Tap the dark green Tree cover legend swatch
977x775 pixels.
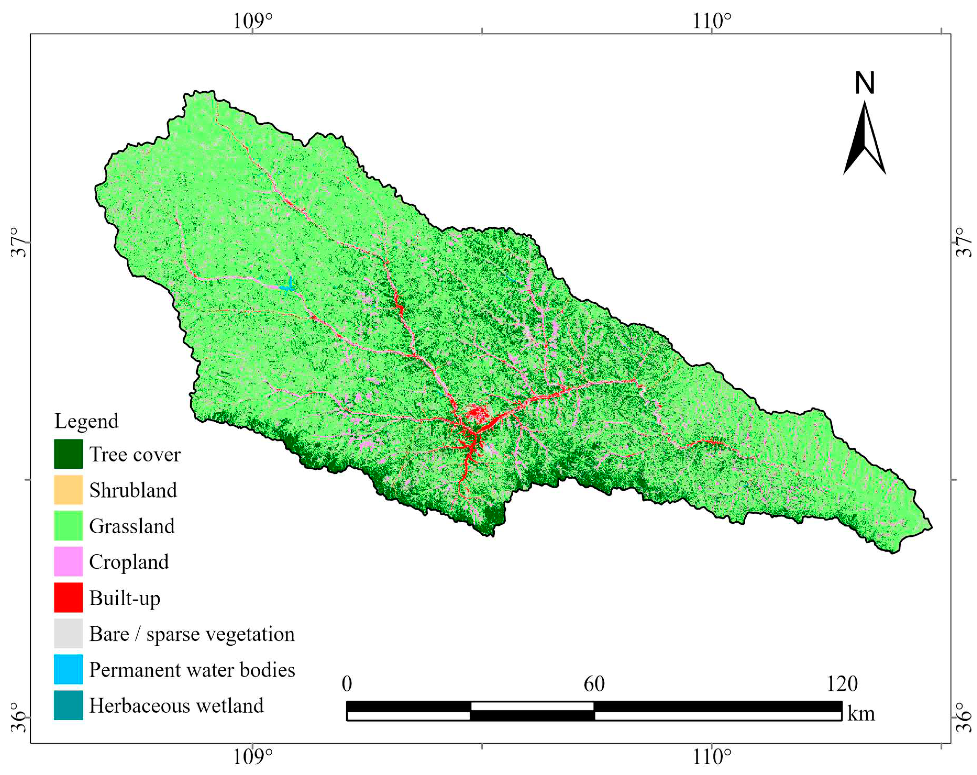coord(68,454)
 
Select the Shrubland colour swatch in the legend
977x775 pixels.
coord(68,490)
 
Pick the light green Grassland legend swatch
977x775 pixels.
coord(68,526)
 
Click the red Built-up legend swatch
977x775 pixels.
coord(68,597)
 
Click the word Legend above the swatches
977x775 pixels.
coord(86,421)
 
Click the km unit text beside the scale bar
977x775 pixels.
coord(861,714)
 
